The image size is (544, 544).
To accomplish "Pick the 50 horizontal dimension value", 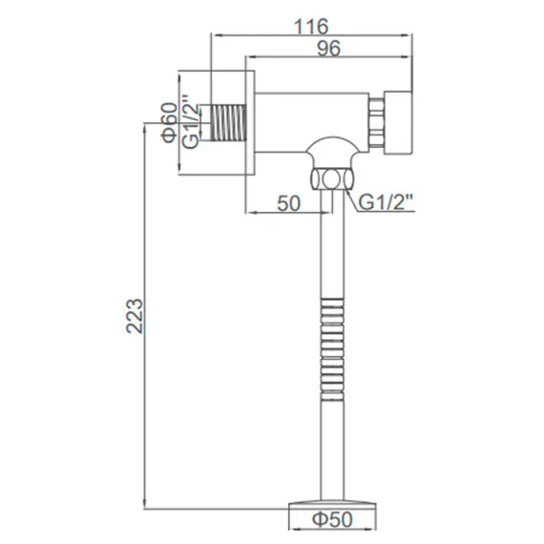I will point(288,203).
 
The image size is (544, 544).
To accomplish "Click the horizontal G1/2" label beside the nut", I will point(387,203).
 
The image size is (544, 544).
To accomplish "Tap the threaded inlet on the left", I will point(226,122).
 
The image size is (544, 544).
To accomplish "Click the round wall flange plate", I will point(252,122).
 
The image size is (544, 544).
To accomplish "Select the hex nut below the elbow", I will point(330,178).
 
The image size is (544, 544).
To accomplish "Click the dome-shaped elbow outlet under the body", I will point(330,151).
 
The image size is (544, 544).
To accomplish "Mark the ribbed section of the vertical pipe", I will point(331,339).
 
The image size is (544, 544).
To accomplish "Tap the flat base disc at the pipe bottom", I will point(333,500).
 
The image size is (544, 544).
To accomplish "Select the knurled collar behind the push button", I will point(375,122).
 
